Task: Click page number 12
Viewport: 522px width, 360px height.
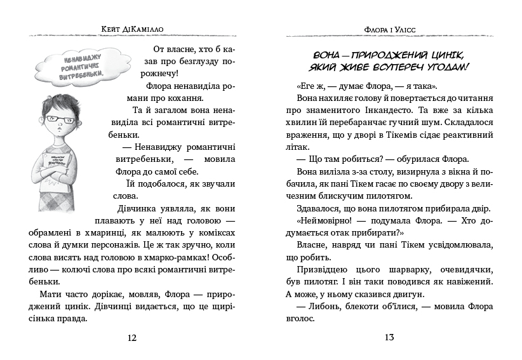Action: [132, 337]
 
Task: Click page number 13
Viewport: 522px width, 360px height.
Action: [389, 337]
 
